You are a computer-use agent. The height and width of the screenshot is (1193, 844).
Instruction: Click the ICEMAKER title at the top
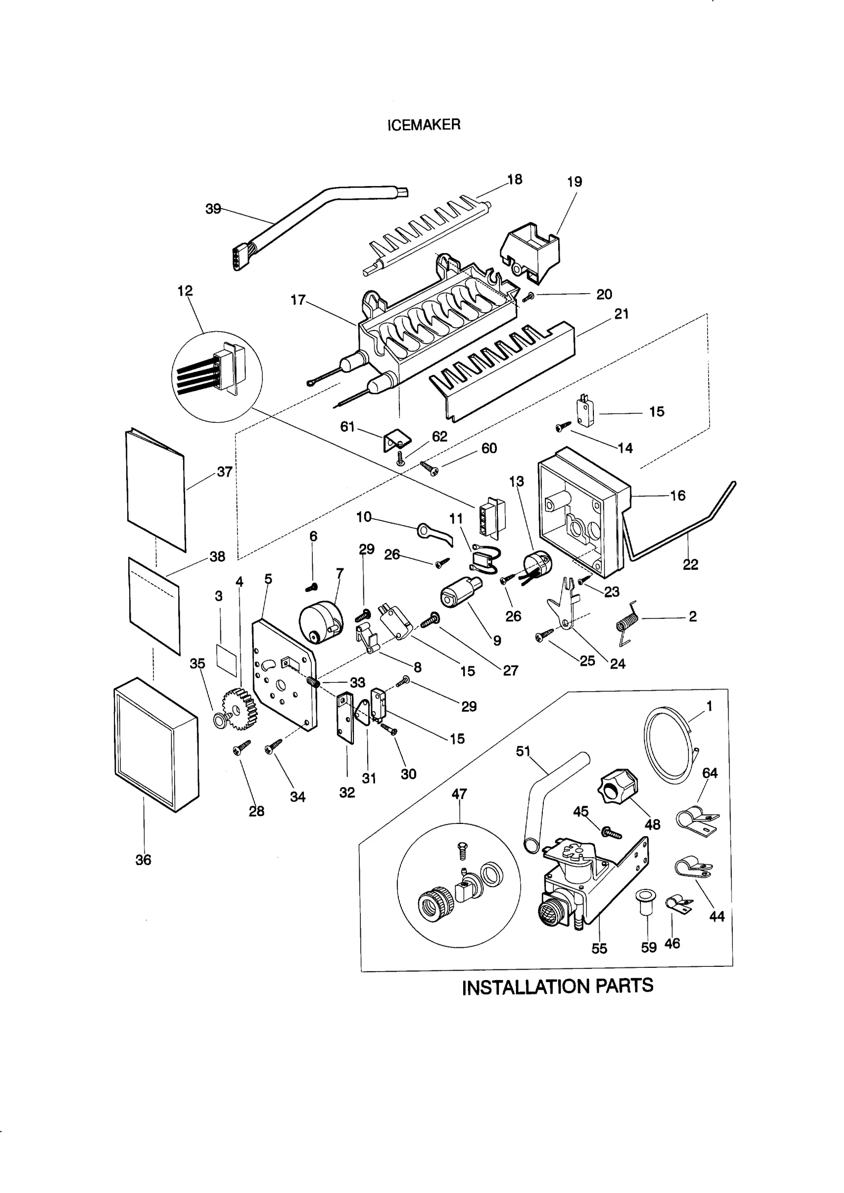(x=424, y=124)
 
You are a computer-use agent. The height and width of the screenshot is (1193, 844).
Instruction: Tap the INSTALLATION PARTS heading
(x=557, y=986)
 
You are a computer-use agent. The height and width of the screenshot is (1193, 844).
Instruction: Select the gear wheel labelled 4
(x=239, y=710)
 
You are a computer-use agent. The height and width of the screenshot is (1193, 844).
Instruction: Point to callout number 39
(x=213, y=209)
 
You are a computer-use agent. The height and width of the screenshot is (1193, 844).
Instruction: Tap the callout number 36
(x=143, y=860)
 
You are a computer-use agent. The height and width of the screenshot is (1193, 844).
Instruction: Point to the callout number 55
(x=599, y=948)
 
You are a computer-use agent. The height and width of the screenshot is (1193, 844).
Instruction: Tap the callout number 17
(x=298, y=300)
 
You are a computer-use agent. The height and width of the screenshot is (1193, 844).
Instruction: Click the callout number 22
(x=690, y=565)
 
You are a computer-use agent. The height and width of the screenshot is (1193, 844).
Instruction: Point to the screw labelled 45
(x=612, y=833)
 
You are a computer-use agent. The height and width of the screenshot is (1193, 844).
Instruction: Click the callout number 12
(x=185, y=290)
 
